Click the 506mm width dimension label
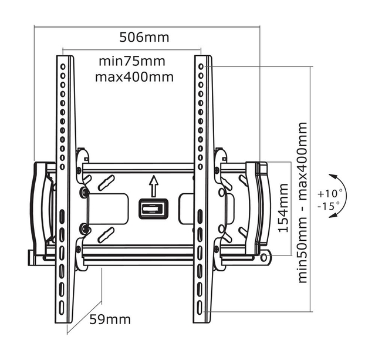point(144,38)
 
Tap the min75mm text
point(131,61)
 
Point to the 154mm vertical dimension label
point(283,208)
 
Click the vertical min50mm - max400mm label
point(302,203)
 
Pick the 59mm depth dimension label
point(110,319)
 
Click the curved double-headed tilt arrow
point(339,196)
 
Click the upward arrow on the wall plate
point(153,187)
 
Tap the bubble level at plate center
point(153,209)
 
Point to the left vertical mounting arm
point(66,188)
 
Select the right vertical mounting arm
point(204,188)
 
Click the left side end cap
point(41,206)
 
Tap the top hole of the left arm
point(63,62)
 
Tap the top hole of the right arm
point(201,62)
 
